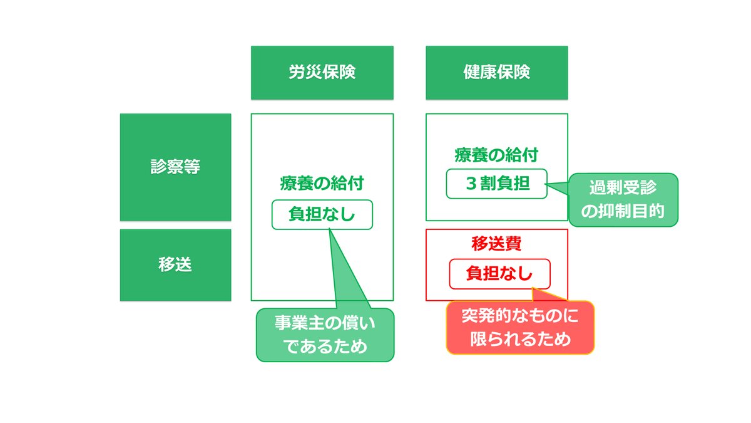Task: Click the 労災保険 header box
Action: point(322,73)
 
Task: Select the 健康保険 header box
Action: point(496,73)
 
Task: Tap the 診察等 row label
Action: point(175,167)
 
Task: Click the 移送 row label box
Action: point(175,265)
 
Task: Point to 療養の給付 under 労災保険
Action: point(322,183)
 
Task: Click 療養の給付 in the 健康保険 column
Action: point(496,155)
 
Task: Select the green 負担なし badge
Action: point(322,214)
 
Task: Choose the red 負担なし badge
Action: point(499,274)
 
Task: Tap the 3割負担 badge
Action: point(496,184)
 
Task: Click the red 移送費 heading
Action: point(496,243)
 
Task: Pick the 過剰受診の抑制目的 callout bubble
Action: point(623,200)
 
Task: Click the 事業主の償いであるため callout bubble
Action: point(325,335)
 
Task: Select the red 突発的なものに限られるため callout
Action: point(520,327)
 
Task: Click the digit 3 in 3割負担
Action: point(471,184)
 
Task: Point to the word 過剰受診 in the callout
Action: point(623,187)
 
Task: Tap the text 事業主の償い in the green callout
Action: point(325,323)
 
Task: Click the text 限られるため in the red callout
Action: point(520,339)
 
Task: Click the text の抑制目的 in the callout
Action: point(623,212)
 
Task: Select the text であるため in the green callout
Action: point(325,347)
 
